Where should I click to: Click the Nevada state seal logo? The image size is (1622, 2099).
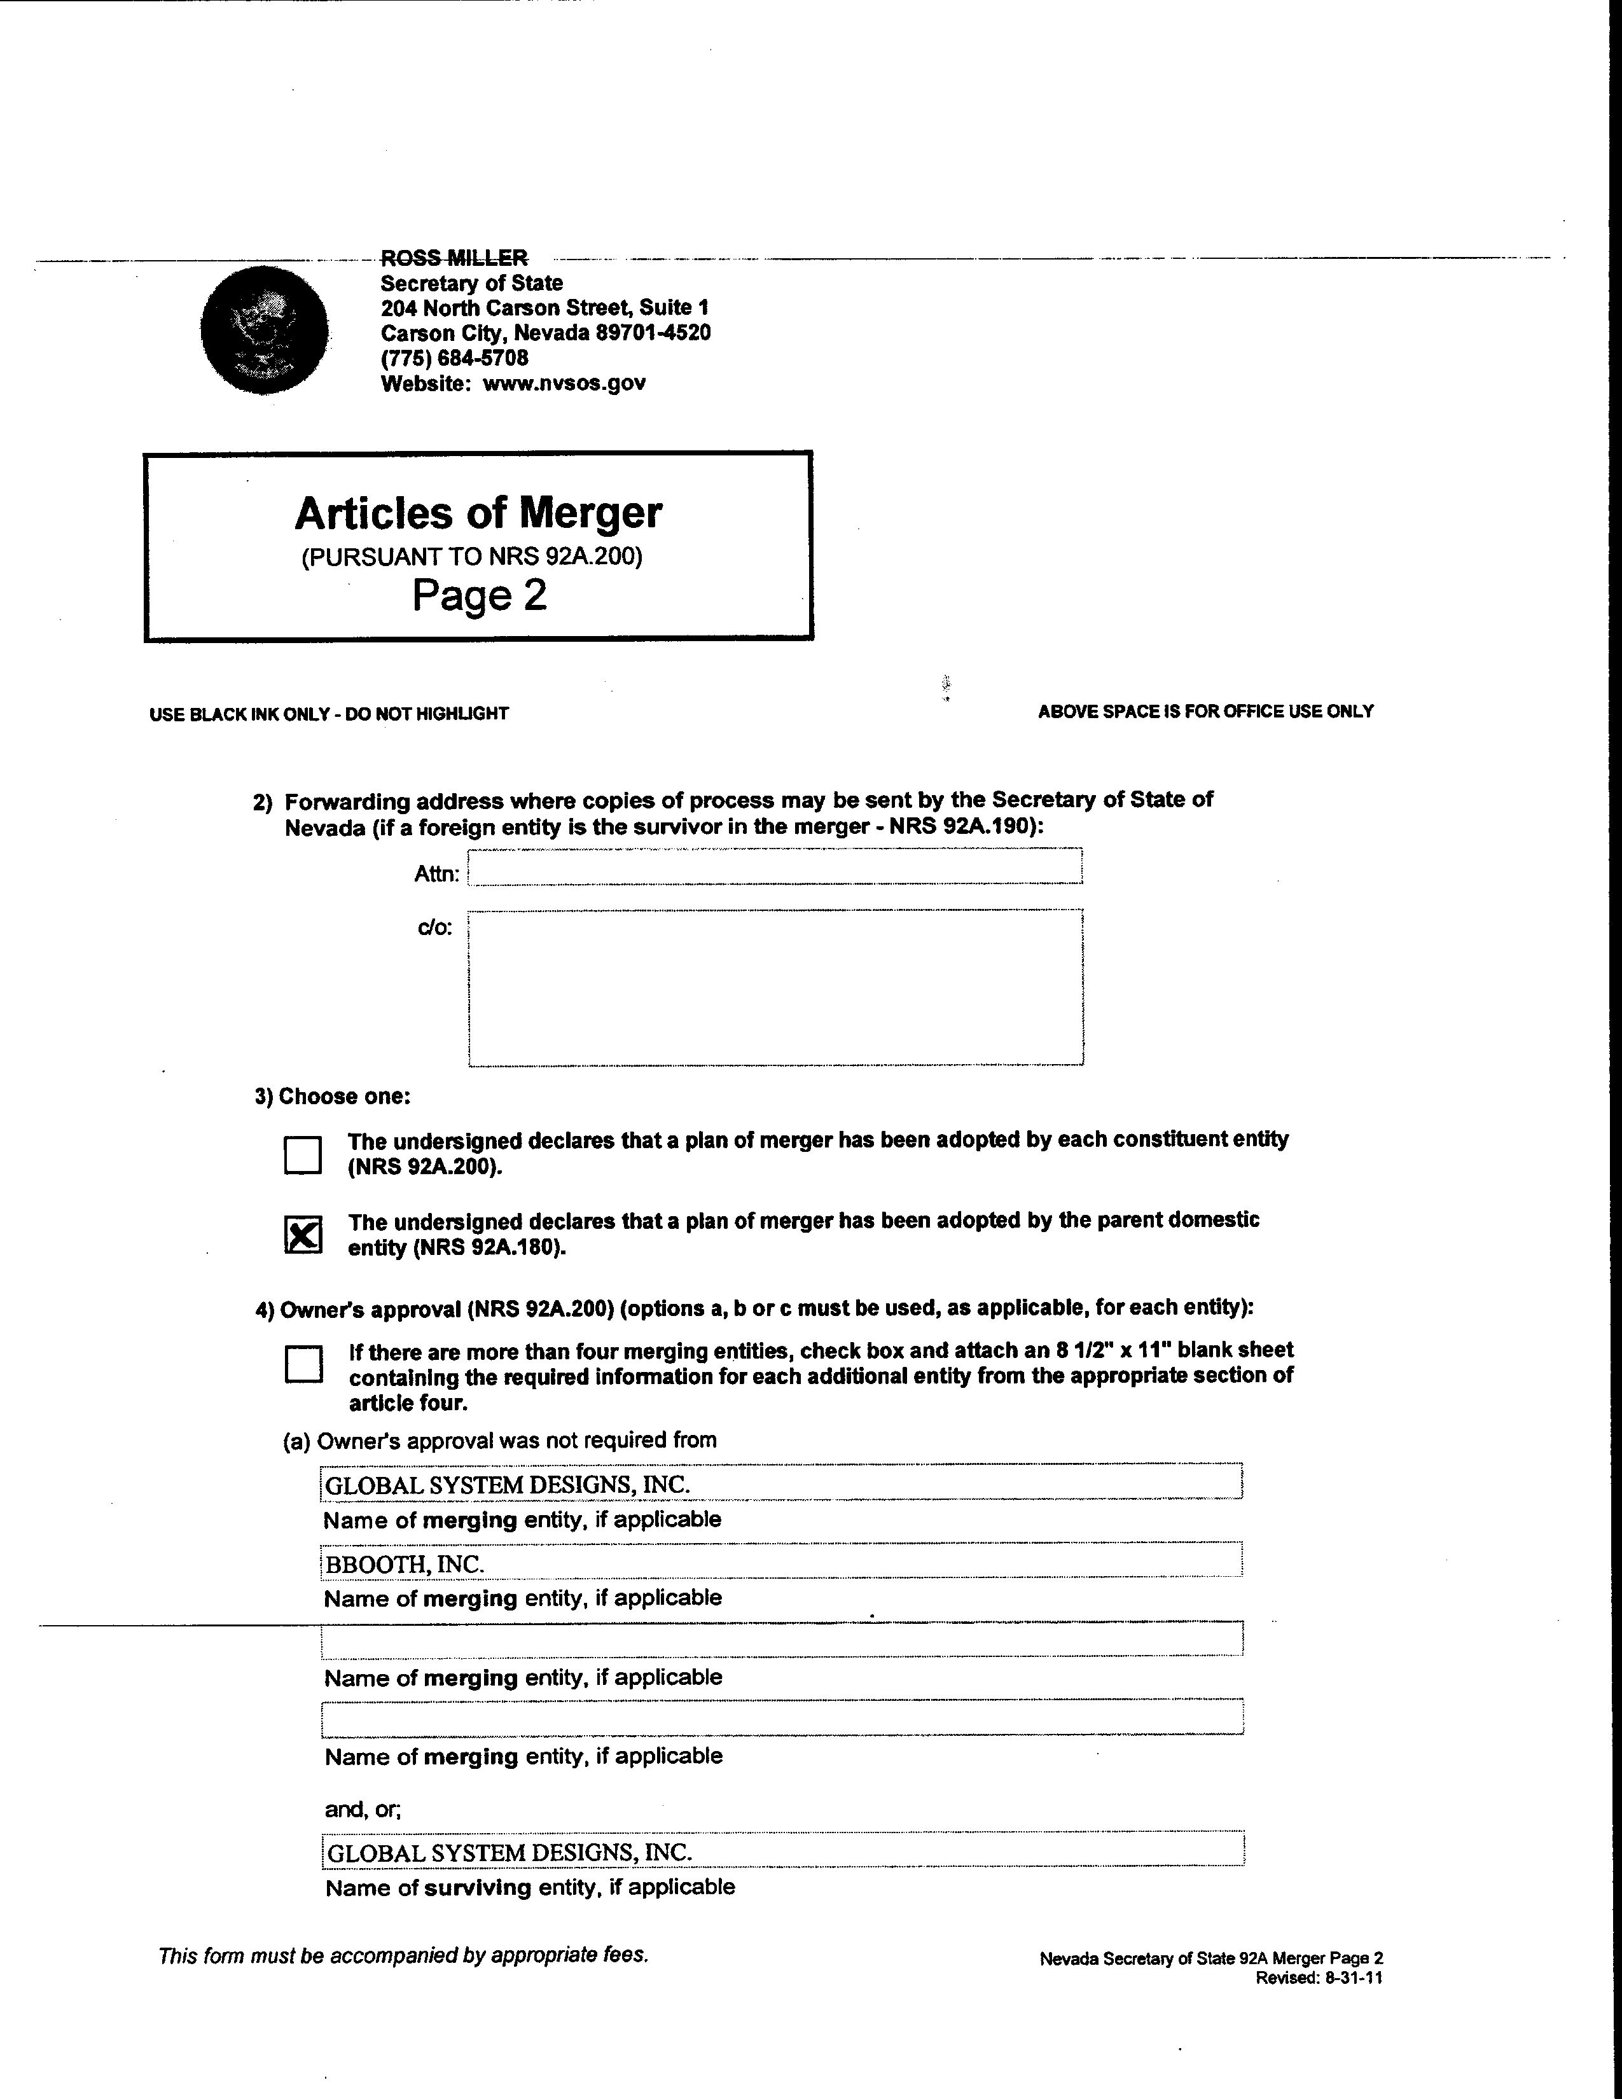click(x=264, y=329)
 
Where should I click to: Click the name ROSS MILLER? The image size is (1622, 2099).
click(x=454, y=258)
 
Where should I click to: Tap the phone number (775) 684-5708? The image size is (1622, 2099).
click(x=455, y=357)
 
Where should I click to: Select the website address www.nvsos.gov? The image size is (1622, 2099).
click(x=564, y=382)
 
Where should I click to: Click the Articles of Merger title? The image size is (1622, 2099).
click(x=478, y=513)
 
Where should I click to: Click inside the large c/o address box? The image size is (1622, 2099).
click(x=775, y=987)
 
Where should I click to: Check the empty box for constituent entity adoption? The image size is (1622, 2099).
click(x=303, y=1154)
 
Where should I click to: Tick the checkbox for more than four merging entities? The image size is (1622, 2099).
click(x=303, y=1363)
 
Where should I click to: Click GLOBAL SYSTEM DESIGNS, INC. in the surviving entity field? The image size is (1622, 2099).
click(x=509, y=1852)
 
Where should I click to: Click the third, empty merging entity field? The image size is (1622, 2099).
click(x=781, y=1638)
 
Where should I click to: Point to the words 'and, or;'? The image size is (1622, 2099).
click(x=363, y=1809)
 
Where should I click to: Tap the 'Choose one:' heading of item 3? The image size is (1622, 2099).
click(x=333, y=1097)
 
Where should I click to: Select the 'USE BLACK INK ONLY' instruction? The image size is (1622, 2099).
click(x=329, y=713)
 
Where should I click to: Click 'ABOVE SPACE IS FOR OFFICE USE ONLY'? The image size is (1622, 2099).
click(x=1205, y=711)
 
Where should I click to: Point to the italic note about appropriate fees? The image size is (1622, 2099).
click(x=403, y=1955)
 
